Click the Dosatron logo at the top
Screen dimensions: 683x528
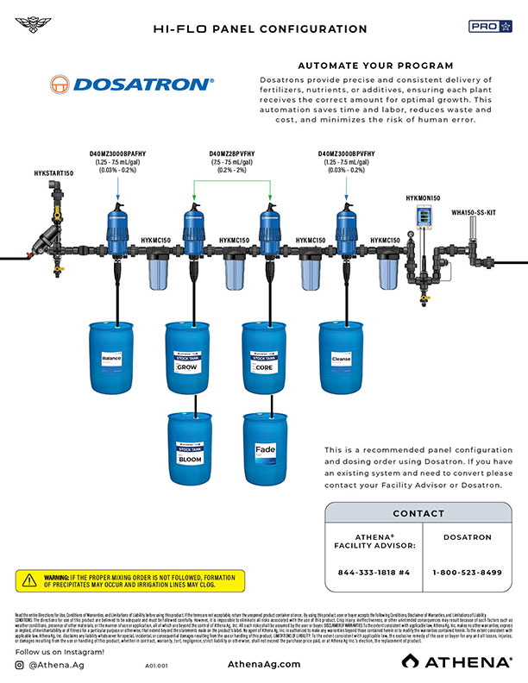[142, 84]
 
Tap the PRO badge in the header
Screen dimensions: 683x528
[490, 27]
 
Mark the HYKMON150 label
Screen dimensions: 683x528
[424, 198]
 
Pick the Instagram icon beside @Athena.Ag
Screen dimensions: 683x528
[19, 665]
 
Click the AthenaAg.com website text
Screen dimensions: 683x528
[264, 664]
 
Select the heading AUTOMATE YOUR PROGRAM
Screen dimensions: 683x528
[374, 66]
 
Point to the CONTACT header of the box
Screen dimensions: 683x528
[418, 514]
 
